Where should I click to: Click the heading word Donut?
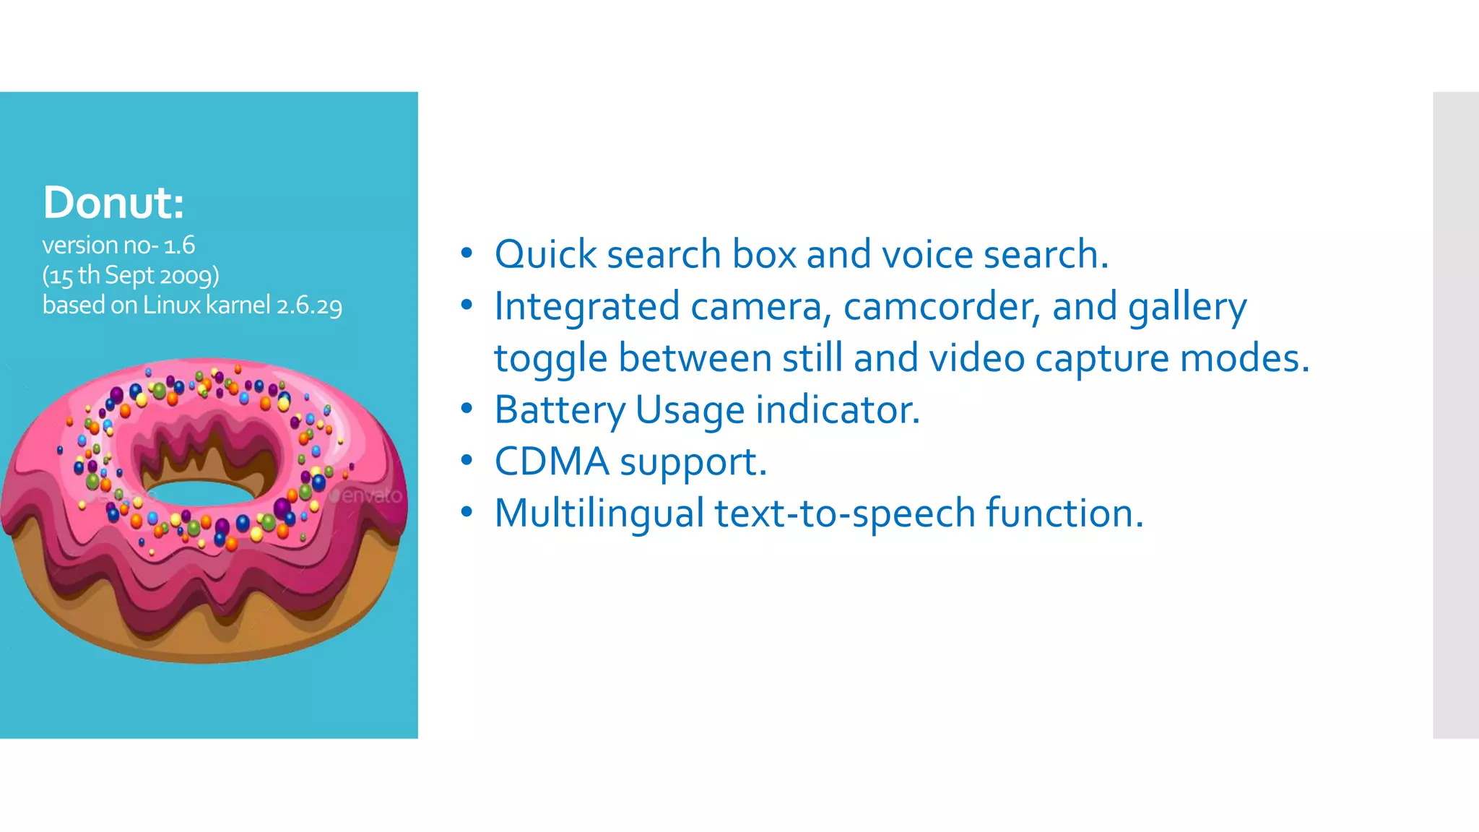(x=113, y=202)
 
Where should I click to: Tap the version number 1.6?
(x=179, y=246)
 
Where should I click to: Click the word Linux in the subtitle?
(x=172, y=305)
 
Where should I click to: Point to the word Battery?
(x=560, y=411)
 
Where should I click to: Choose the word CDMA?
(x=552, y=462)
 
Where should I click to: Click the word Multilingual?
(x=599, y=514)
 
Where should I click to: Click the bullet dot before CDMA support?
(x=467, y=461)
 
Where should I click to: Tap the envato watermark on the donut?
(x=368, y=496)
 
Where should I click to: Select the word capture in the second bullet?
(x=1101, y=359)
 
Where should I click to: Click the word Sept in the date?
(x=129, y=276)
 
